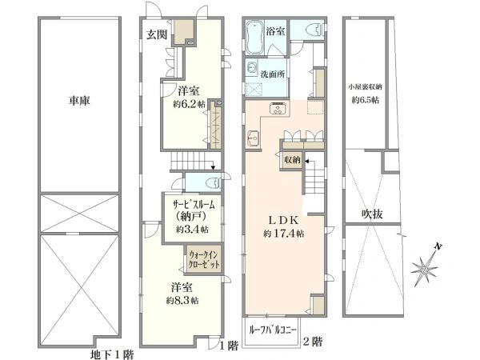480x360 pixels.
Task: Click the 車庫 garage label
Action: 79,101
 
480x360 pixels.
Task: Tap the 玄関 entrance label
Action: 157,35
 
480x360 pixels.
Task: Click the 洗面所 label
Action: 273,74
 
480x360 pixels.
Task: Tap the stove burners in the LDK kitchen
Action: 278,109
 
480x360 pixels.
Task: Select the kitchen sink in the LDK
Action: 253,138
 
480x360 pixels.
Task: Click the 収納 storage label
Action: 292,160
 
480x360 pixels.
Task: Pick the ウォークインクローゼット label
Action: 204,259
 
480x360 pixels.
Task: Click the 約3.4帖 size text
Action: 192,229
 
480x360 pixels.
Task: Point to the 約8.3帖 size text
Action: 182,300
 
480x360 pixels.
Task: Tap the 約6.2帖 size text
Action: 189,104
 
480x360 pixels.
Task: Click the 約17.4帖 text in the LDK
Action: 284,234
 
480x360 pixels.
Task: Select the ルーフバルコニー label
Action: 271,331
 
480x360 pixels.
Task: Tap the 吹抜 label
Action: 372,214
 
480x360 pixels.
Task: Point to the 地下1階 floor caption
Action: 112,354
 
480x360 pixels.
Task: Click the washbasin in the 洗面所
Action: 252,68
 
